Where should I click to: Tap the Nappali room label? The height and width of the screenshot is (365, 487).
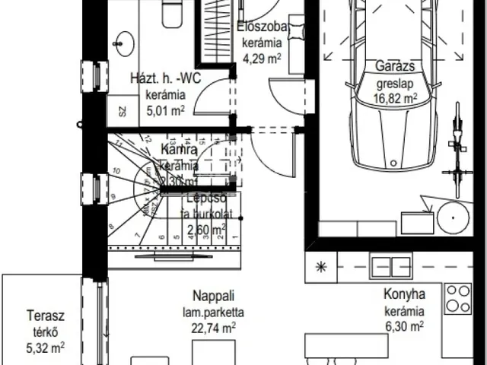point(212,296)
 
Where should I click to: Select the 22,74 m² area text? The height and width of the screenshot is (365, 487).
point(212,328)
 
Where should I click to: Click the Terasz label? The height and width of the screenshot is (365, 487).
point(43,316)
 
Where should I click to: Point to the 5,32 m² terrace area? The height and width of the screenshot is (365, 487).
point(43,349)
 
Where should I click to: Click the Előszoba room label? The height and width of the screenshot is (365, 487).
point(262,25)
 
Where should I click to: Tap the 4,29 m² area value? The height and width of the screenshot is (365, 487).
point(262,56)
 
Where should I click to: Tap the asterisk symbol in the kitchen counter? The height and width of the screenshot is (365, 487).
point(321,267)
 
